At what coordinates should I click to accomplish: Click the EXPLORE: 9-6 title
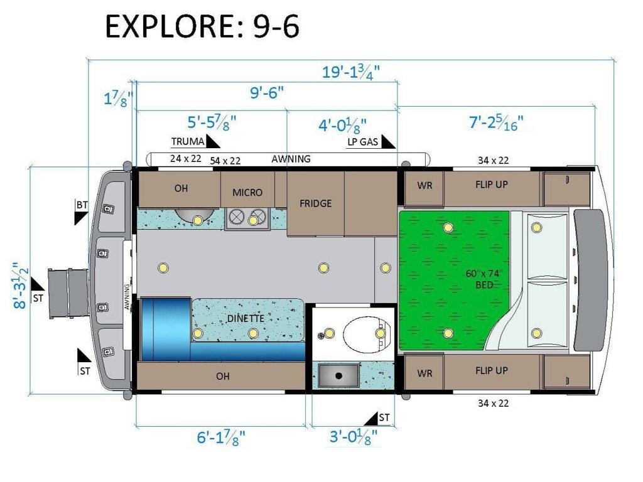point(202,26)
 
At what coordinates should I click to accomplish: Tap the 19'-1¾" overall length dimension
point(350,72)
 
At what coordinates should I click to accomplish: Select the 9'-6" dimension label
point(267,93)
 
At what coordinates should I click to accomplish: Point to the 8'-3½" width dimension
point(20,285)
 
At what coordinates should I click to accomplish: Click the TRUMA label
point(187,142)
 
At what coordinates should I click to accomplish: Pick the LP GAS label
point(362,142)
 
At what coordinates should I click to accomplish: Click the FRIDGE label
point(315,204)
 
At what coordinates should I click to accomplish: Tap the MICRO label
point(247,193)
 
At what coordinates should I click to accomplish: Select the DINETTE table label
point(246,318)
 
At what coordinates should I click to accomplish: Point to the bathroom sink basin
point(338,375)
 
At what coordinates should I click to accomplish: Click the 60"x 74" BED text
point(484,279)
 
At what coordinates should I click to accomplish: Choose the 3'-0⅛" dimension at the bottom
point(354,437)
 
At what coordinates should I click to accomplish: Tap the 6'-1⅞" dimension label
point(221,437)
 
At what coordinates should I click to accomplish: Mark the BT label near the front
point(82,205)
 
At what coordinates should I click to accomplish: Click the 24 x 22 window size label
point(185,159)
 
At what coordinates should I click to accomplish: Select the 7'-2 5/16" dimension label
point(496,122)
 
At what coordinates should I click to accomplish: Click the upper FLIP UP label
point(491,185)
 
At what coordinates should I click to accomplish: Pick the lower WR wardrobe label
point(424,374)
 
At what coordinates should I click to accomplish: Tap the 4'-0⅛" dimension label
point(342,125)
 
